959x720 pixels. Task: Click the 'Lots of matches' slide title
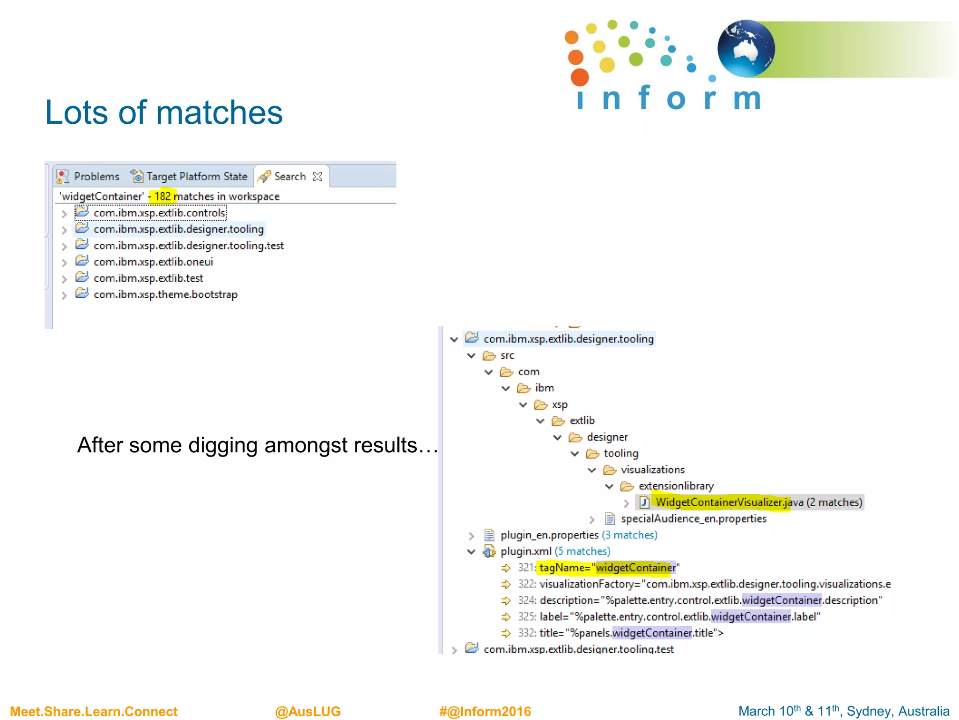163,113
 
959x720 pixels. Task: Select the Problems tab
89,176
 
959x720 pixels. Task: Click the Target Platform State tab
190,176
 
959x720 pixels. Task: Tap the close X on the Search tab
317,176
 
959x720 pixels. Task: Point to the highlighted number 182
162,196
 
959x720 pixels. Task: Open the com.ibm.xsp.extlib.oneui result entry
153,262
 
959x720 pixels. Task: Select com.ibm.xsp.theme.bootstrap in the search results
165,294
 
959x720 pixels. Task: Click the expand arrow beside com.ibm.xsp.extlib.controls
64,214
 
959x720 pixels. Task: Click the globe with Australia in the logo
745,48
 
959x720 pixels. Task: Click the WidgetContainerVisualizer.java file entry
729,502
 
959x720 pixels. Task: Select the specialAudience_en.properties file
693,518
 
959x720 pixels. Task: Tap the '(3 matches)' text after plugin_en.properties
629,535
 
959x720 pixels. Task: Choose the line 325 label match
679,616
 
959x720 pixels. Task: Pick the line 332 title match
631,633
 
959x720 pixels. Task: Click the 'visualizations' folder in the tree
652,470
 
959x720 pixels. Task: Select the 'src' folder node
507,356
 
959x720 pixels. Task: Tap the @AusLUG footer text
308,711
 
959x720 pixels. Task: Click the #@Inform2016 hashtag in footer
485,711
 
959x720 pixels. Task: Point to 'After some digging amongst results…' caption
257,445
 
